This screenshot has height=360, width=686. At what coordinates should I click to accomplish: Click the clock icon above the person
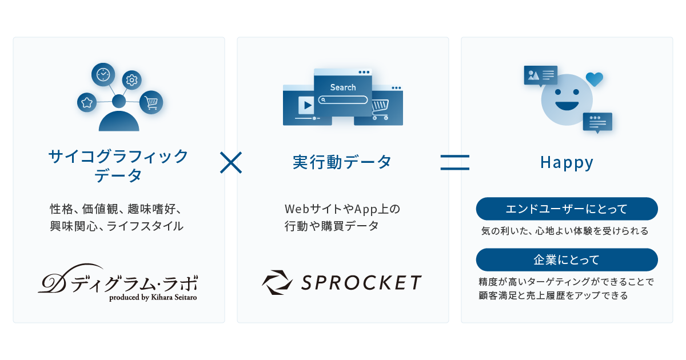pos(103,74)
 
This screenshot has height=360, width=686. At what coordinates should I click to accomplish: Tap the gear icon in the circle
pos(132,80)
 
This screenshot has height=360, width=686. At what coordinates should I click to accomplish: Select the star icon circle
pos(87,102)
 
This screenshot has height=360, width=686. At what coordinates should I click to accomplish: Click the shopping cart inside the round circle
pos(151,103)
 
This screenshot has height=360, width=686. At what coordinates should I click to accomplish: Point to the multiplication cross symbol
pos(231,162)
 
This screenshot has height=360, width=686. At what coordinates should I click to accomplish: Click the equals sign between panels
pos(454,162)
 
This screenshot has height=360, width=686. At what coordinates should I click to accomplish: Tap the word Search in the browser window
pos(343,87)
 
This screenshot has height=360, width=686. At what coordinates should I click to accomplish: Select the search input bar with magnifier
pos(343,99)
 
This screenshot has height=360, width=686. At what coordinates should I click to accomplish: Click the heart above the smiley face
pos(595,78)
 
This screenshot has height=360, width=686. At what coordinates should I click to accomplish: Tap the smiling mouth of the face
pos(567,106)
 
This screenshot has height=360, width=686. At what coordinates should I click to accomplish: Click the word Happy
pos(567,163)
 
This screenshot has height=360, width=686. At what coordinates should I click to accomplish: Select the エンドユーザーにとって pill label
pos(567,209)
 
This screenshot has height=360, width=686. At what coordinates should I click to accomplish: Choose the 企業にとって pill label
pos(567,259)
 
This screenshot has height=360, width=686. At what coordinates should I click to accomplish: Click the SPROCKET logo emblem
pos(277,282)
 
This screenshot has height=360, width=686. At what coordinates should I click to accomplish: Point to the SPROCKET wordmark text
pos(362,282)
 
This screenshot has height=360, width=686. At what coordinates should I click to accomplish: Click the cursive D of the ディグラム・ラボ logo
pos(53,279)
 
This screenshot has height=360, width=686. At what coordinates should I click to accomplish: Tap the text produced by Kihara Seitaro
pos(153,297)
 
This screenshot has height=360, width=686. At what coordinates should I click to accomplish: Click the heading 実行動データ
pos(342,162)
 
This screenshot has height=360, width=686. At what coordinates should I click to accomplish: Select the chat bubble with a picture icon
pos(540,75)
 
